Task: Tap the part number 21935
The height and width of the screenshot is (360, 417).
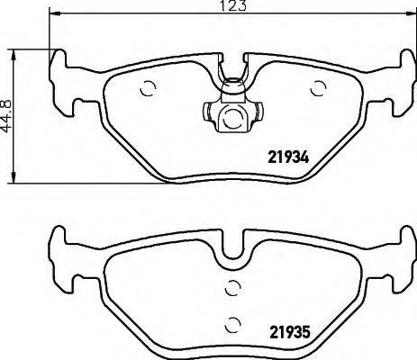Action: tap(291, 331)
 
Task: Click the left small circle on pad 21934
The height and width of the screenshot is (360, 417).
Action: tap(149, 89)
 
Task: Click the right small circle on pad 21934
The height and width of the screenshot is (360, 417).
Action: tap(317, 88)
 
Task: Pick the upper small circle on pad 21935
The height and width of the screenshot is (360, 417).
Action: tap(231, 288)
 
